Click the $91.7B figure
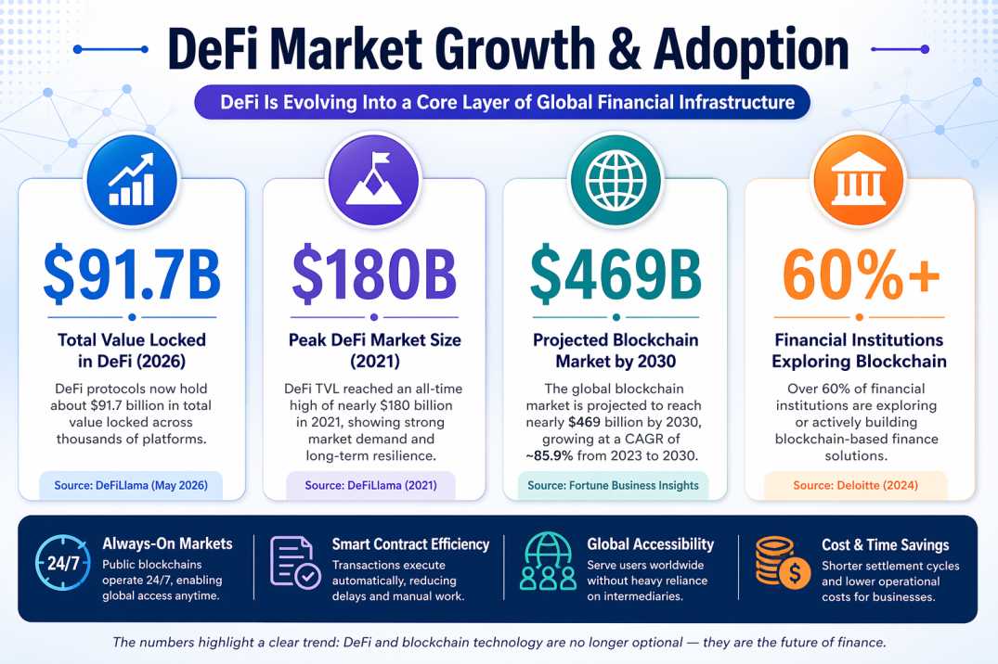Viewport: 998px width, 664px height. (x=132, y=272)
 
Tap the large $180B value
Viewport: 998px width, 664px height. (x=374, y=272)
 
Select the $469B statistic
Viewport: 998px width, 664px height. (x=615, y=272)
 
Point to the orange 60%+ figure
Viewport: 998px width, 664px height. (x=860, y=272)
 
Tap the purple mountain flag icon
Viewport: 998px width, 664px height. (x=374, y=177)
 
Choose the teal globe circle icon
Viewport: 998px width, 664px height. (x=616, y=177)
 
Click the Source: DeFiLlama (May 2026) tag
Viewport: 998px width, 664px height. (x=131, y=485)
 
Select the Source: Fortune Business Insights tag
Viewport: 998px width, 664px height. (x=615, y=485)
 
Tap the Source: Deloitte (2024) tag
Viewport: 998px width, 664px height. (x=855, y=485)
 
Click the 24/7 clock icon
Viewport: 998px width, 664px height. (x=63, y=564)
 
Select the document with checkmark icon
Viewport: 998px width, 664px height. (x=295, y=563)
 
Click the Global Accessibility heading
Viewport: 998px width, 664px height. (x=650, y=544)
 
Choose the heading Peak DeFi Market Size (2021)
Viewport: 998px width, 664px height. (x=374, y=351)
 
